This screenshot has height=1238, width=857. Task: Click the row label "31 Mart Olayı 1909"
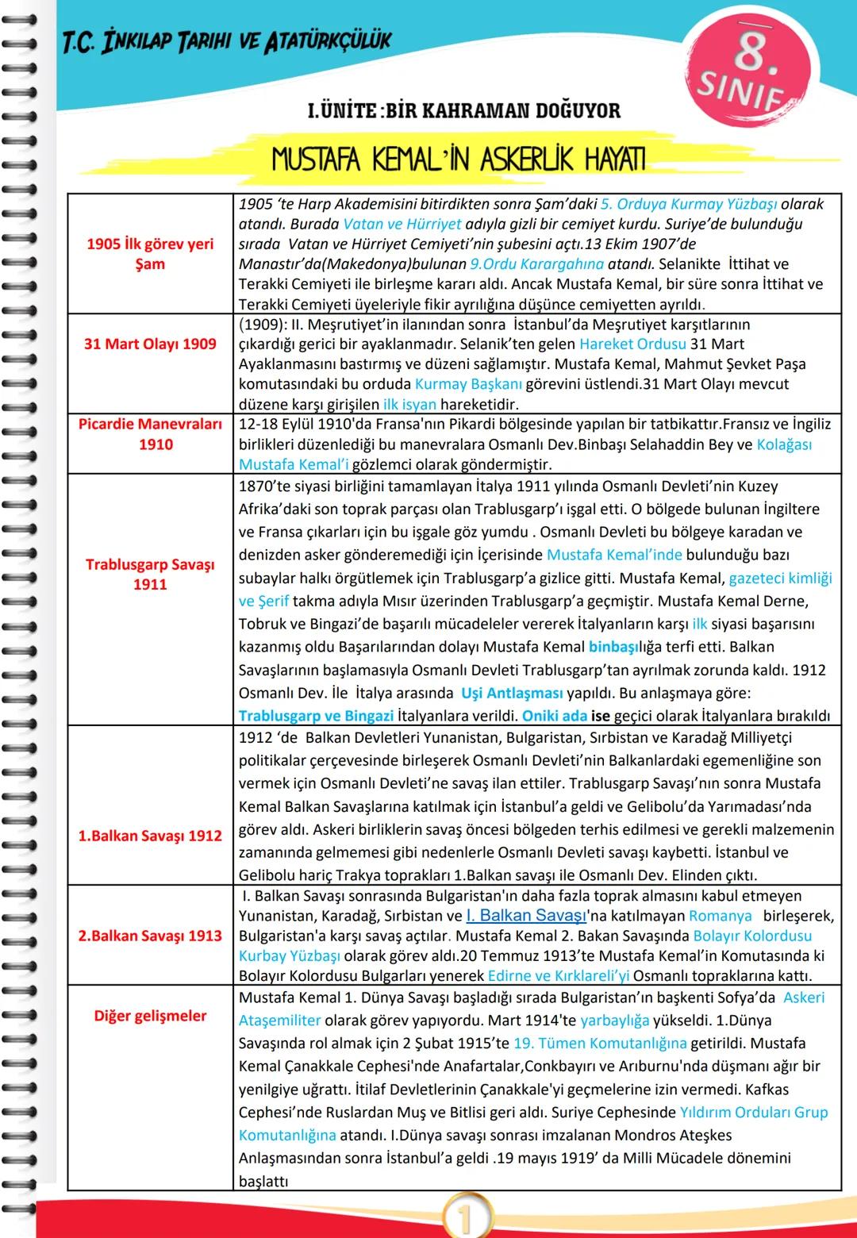(150, 344)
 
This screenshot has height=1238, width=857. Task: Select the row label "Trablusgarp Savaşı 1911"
(150, 574)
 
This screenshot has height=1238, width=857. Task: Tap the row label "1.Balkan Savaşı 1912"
(150, 836)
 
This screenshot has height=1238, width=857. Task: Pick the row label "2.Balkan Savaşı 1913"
(150, 936)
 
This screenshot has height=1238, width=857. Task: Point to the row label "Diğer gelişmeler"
(150, 1016)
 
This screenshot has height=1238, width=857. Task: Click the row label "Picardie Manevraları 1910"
(150, 434)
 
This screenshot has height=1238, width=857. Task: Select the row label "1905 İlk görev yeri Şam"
(150, 254)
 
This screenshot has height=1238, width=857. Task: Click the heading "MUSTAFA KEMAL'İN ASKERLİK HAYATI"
(458, 160)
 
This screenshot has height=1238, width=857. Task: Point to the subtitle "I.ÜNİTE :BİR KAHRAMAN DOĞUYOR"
(463, 110)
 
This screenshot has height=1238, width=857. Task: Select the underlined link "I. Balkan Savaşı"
(526, 916)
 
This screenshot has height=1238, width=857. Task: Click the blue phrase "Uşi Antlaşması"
(512, 693)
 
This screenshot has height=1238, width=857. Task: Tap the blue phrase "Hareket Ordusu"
(632, 344)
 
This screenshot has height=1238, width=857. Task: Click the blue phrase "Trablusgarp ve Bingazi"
(316, 716)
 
